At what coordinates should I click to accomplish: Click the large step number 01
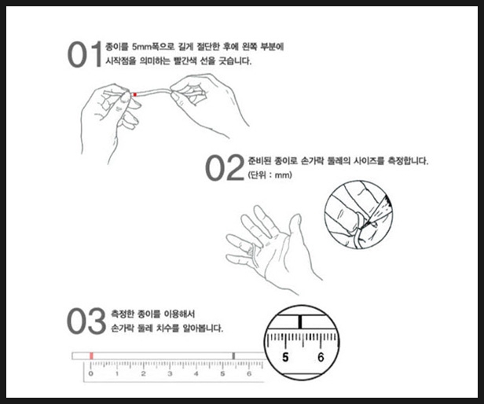(85, 54)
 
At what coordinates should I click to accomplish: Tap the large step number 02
(225, 167)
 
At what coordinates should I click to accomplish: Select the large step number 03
(86, 321)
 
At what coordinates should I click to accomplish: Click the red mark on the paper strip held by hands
(135, 94)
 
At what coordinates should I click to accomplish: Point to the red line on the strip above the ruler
(91, 356)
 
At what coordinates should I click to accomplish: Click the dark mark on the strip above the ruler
(233, 356)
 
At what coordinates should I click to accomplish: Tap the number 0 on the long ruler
(91, 373)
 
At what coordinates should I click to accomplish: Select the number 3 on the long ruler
(170, 373)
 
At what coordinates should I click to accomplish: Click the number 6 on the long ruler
(249, 373)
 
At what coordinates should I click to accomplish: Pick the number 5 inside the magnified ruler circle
(285, 357)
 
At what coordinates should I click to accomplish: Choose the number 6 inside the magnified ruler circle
(321, 357)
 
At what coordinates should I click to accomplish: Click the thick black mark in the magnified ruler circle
(300, 321)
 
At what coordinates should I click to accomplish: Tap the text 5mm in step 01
(140, 47)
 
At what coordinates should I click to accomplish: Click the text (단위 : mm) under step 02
(270, 175)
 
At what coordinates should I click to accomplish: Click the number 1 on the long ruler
(117, 373)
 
